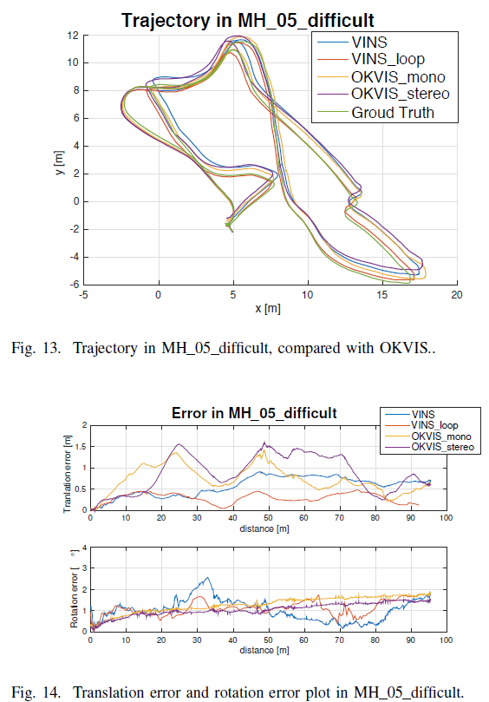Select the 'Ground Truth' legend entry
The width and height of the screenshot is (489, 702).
[x=392, y=113]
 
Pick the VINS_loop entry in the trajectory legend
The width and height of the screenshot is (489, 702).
[x=388, y=57]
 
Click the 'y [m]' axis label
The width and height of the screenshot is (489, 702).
[x=55, y=160]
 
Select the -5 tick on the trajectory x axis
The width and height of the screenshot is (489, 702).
[x=83, y=295]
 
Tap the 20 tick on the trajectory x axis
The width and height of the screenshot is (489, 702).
[x=456, y=295]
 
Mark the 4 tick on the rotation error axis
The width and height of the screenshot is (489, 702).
[x=84, y=548]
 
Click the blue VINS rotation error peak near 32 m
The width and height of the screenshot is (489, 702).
[x=205, y=579]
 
